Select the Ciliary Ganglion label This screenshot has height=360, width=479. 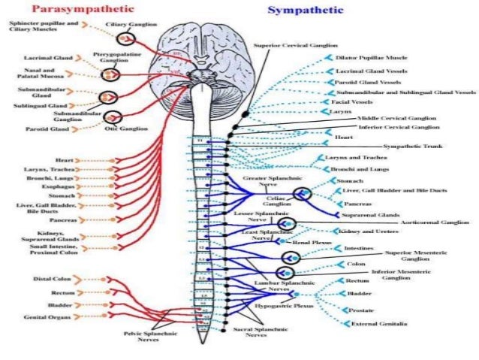131,25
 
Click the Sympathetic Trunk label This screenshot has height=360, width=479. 410,145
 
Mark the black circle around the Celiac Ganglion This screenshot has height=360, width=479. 302,194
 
